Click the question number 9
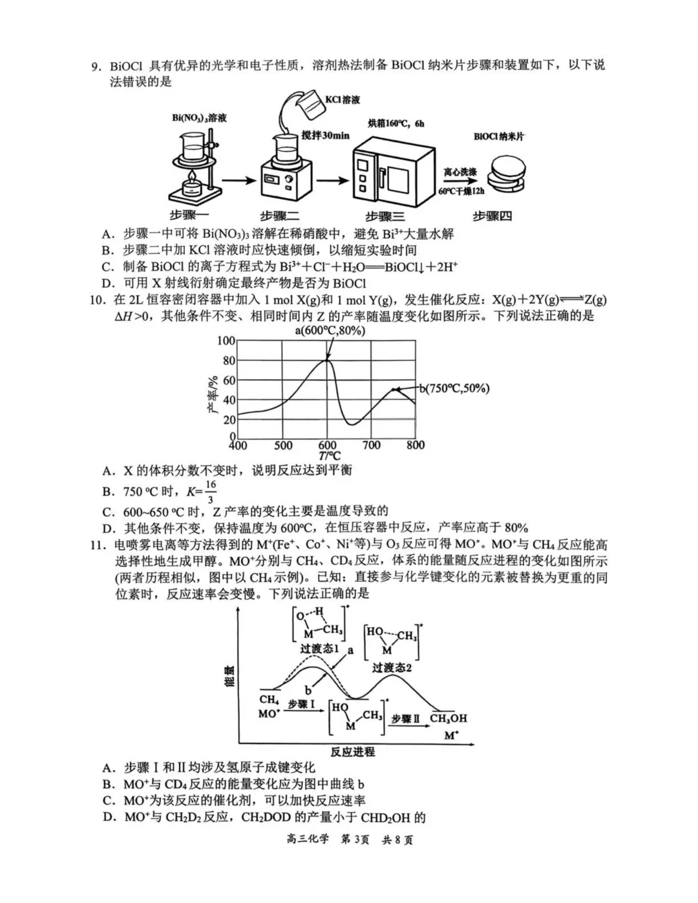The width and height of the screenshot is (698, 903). [x=96, y=67]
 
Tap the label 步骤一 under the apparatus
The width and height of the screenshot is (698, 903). [x=189, y=215]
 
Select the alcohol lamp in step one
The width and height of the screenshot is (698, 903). [x=191, y=185]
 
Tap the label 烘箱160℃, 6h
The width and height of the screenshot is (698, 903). [x=396, y=123]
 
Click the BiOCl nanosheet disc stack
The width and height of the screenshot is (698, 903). [x=507, y=175]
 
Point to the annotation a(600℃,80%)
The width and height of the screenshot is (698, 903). [x=330, y=331]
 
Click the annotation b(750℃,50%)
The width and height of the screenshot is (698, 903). [x=454, y=388]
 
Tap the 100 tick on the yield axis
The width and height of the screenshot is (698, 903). [x=226, y=341]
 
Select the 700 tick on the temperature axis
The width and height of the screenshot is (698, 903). [x=372, y=445]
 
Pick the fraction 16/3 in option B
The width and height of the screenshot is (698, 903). [x=210, y=492]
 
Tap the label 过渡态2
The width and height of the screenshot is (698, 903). [x=392, y=668]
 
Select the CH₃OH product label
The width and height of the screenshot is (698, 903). [x=448, y=718]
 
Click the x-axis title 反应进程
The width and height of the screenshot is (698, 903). [x=352, y=752]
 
